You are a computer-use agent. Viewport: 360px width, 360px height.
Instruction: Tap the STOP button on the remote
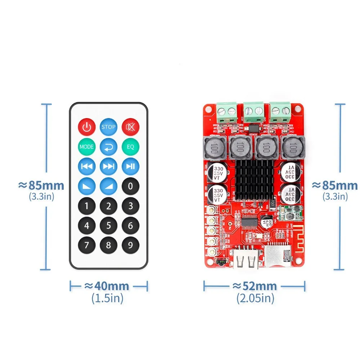coord(108,127)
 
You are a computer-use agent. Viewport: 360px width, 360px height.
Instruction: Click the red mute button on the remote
coord(130,127)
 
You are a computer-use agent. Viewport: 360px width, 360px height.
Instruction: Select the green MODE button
coord(86,147)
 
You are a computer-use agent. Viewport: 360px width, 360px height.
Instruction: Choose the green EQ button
coord(130,147)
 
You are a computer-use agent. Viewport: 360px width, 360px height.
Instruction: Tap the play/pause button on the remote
coord(130,166)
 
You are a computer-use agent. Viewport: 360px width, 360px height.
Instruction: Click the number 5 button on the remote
coord(108,226)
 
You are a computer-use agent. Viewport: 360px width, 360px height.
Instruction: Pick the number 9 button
coord(130,246)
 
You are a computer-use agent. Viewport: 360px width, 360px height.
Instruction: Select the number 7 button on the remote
coord(86,246)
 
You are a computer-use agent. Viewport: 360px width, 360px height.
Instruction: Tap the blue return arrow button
coord(108,147)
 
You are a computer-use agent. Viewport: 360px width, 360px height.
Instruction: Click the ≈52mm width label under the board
coord(255,286)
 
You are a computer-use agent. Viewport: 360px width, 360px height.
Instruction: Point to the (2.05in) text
coord(255,298)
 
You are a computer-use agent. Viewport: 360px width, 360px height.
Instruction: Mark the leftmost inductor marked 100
coord(215,148)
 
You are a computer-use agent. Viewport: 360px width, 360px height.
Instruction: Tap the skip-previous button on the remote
coord(86,166)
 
